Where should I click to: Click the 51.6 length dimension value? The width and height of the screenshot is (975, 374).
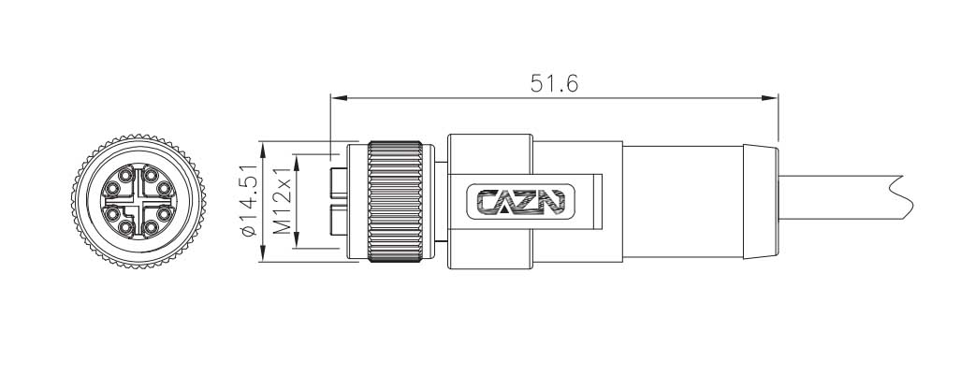(x=554, y=82)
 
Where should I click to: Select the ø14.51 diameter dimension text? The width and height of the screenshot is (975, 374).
(x=249, y=200)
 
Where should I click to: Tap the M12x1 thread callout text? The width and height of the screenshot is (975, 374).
(x=284, y=199)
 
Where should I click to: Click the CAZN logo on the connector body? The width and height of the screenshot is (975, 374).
(x=521, y=201)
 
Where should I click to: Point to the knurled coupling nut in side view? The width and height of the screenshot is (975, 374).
(x=394, y=199)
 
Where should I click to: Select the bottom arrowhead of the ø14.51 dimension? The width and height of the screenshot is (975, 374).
(x=264, y=254)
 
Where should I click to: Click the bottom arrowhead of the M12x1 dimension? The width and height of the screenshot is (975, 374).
(x=297, y=244)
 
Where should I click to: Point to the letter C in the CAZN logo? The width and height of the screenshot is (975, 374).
(x=489, y=201)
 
